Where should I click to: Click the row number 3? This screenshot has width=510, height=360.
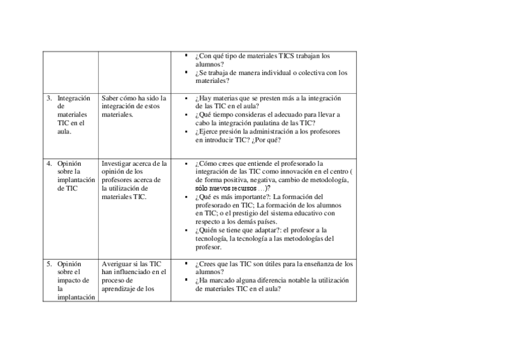(x=49, y=98)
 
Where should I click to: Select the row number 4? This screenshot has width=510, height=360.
(x=49, y=163)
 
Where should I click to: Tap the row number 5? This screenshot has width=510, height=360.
(x=49, y=264)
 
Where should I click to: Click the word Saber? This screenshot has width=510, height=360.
(x=110, y=98)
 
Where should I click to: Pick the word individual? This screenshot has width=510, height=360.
(x=277, y=73)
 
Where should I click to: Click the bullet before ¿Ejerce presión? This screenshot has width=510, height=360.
(x=187, y=131)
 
